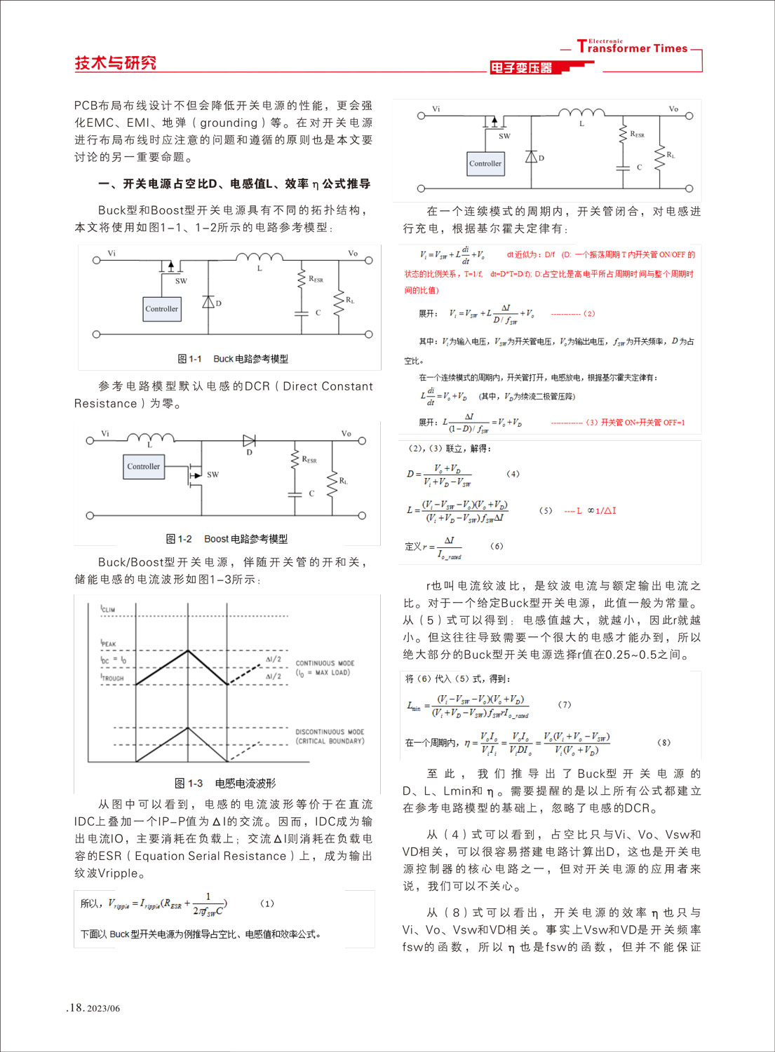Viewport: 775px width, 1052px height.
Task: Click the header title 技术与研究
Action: click(115, 63)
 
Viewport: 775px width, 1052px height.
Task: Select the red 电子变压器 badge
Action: click(521, 68)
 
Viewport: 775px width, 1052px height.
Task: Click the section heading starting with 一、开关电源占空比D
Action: click(234, 184)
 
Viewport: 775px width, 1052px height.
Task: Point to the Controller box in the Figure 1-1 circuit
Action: click(162, 309)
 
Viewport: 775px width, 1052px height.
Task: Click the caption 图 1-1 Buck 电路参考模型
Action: click(233, 359)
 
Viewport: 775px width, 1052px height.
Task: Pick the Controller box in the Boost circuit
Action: click(143, 467)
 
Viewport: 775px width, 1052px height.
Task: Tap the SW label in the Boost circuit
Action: click(213, 474)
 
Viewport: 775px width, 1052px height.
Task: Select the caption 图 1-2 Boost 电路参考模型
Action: click(227, 539)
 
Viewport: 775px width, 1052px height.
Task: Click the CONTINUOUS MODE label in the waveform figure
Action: click(325, 663)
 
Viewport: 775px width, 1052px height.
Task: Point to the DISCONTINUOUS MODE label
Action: click(330, 732)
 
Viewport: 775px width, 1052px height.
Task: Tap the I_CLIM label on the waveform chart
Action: click(108, 609)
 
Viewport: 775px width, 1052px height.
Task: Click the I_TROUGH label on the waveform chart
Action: click(112, 678)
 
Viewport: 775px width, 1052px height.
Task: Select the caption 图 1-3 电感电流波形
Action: click(225, 784)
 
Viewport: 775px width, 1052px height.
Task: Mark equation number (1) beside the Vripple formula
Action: click(267, 903)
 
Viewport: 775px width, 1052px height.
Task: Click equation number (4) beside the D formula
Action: click(513, 474)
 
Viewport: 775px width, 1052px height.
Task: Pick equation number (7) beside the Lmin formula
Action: click(564, 704)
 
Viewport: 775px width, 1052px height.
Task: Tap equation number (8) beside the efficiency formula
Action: click(663, 742)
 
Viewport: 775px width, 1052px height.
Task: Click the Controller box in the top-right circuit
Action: click(485, 164)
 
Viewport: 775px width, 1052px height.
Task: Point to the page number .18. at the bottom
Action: click(76, 1008)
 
